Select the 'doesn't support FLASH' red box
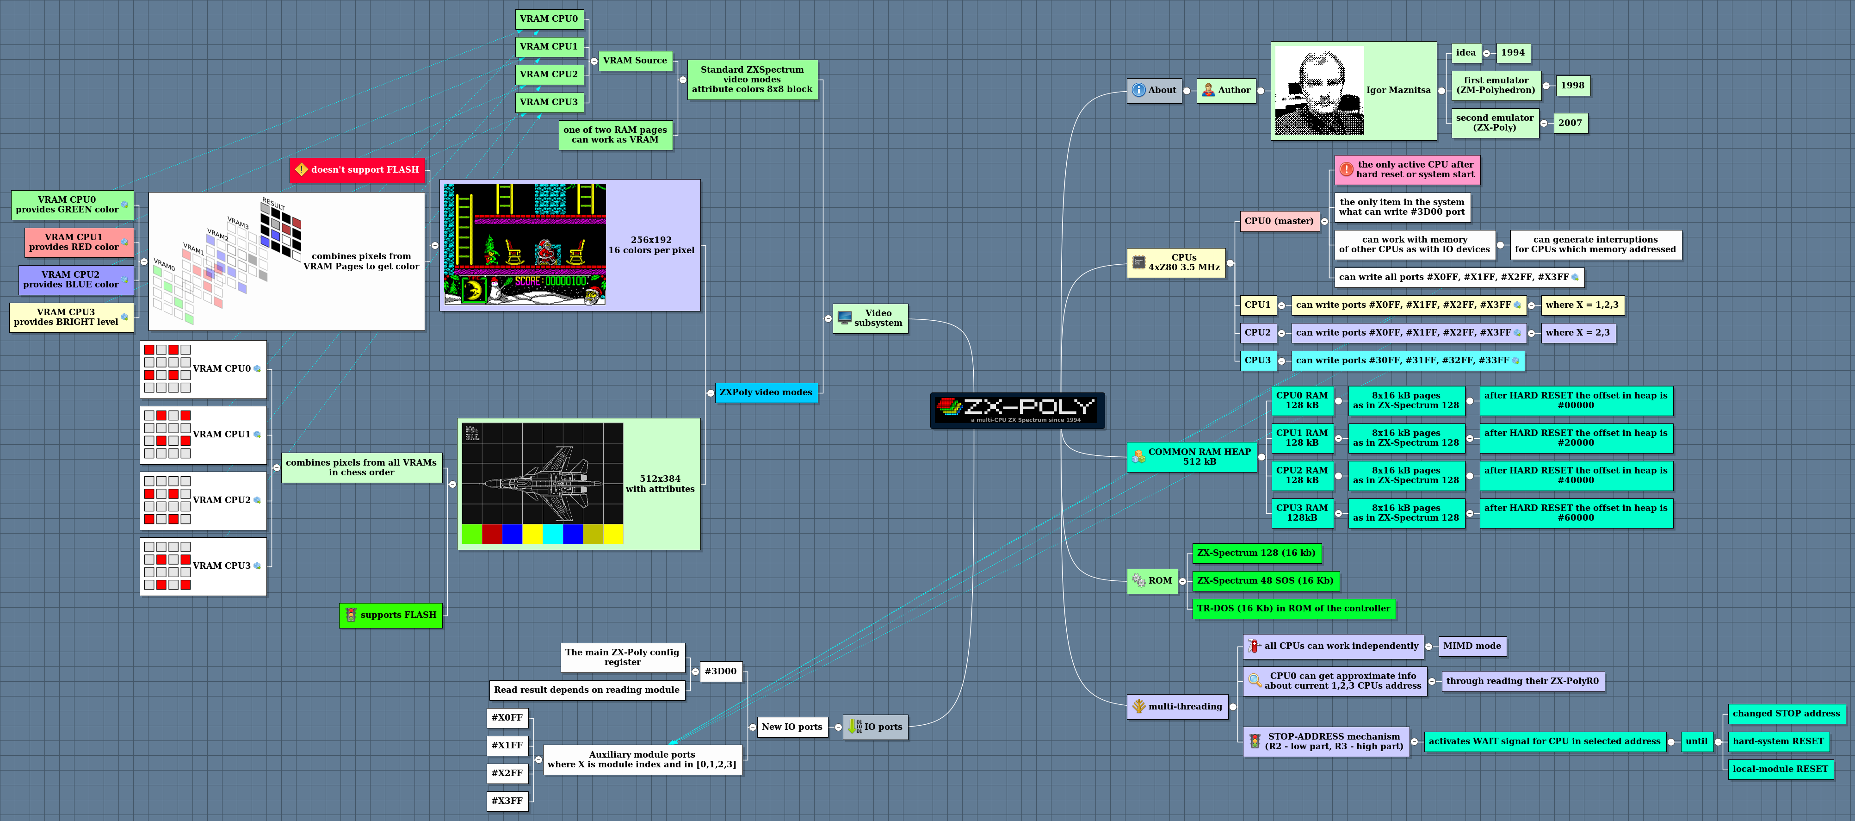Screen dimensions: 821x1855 click(x=357, y=170)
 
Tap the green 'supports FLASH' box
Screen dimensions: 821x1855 click(x=391, y=615)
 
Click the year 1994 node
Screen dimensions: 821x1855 click(x=1512, y=53)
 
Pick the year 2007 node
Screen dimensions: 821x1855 click(x=1570, y=123)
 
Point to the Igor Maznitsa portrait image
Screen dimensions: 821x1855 click(x=1319, y=91)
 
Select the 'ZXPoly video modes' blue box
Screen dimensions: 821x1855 click(x=766, y=392)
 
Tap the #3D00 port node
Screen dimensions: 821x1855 click(x=720, y=671)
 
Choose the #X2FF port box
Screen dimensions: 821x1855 click(x=507, y=773)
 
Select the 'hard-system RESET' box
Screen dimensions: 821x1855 click(x=1778, y=741)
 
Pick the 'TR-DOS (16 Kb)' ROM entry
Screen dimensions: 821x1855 click(x=1293, y=609)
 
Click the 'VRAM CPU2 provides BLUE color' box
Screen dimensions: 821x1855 click(x=75, y=280)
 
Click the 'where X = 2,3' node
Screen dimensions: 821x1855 click(x=1577, y=333)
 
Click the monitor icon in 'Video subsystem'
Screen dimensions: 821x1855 click(x=845, y=317)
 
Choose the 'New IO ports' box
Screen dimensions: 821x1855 click(x=791, y=727)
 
